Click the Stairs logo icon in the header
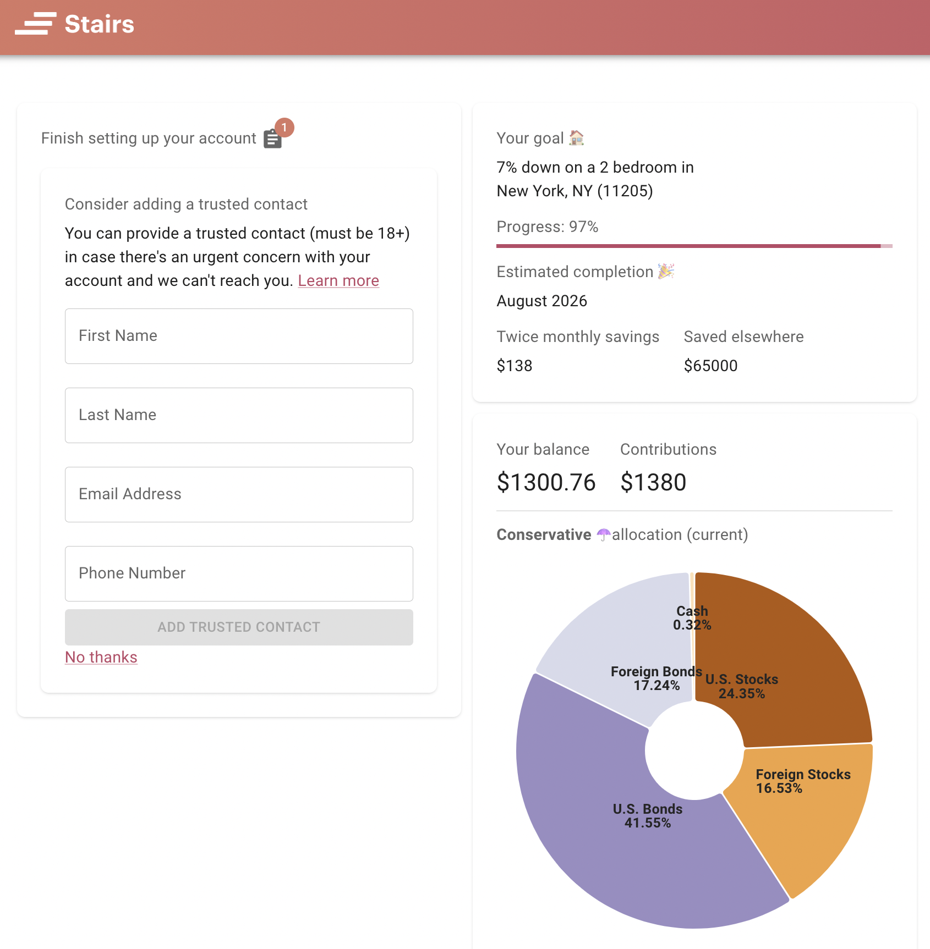click(36, 24)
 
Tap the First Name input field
click(239, 336)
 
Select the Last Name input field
click(239, 415)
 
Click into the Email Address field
click(239, 494)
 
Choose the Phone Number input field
click(239, 573)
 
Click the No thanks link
click(101, 657)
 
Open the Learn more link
click(338, 280)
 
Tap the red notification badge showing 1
click(284, 128)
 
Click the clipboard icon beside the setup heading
click(272, 140)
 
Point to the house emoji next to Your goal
click(576, 137)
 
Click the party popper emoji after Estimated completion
click(666, 271)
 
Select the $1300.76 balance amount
click(546, 482)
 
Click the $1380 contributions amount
click(653, 482)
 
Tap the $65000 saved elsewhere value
click(710, 366)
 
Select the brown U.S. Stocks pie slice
click(781, 649)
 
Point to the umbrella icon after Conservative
click(604, 534)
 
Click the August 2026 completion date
click(541, 301)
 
